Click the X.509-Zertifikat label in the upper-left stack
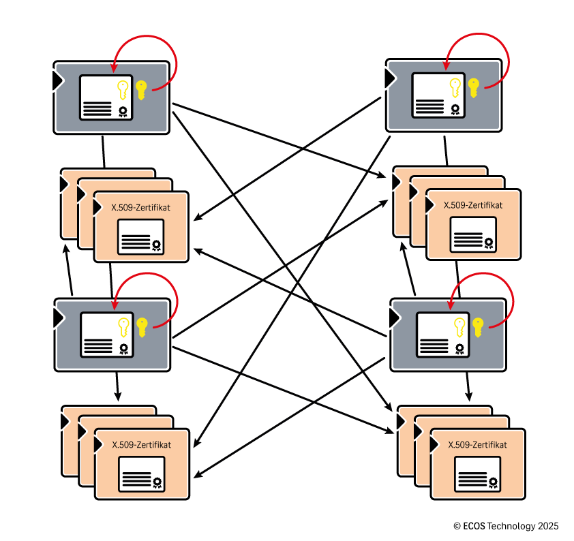(140, 207)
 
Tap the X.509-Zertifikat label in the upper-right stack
(473, 204)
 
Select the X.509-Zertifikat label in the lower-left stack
(141, 444)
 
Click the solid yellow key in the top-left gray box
(141, 89)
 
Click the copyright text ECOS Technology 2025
(505, 526)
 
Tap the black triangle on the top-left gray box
(58, 80)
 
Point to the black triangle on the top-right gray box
(390, 78)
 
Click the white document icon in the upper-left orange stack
(140, 237)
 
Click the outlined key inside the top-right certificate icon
(455, 89)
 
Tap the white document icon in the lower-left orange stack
(142, 474)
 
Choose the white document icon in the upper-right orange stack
(473, 235)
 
